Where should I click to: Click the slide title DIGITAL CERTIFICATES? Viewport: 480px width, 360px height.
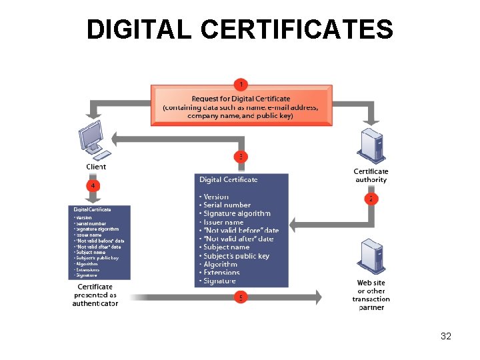point(239,29)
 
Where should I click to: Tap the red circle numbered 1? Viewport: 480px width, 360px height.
point(240,85)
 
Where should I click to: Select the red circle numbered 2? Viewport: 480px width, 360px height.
point(371,199)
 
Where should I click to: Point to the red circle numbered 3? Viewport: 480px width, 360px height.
point(240,157)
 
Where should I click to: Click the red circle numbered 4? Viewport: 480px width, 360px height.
point(94,185)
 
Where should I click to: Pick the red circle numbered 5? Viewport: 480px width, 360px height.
point(240,297)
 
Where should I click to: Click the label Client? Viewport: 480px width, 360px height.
point(96,167)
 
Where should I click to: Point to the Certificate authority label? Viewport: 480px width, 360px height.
point(371,175)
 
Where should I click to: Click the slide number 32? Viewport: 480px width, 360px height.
point(446,336)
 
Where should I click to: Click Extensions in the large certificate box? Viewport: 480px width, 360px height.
point(222,273)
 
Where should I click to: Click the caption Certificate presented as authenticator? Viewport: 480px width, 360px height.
point(95,295)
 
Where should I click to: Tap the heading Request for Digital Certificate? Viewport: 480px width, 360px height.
point(241,99)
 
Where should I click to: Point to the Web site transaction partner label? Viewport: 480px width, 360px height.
point(371,295)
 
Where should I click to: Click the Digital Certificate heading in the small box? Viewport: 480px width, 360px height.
point(92,209)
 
